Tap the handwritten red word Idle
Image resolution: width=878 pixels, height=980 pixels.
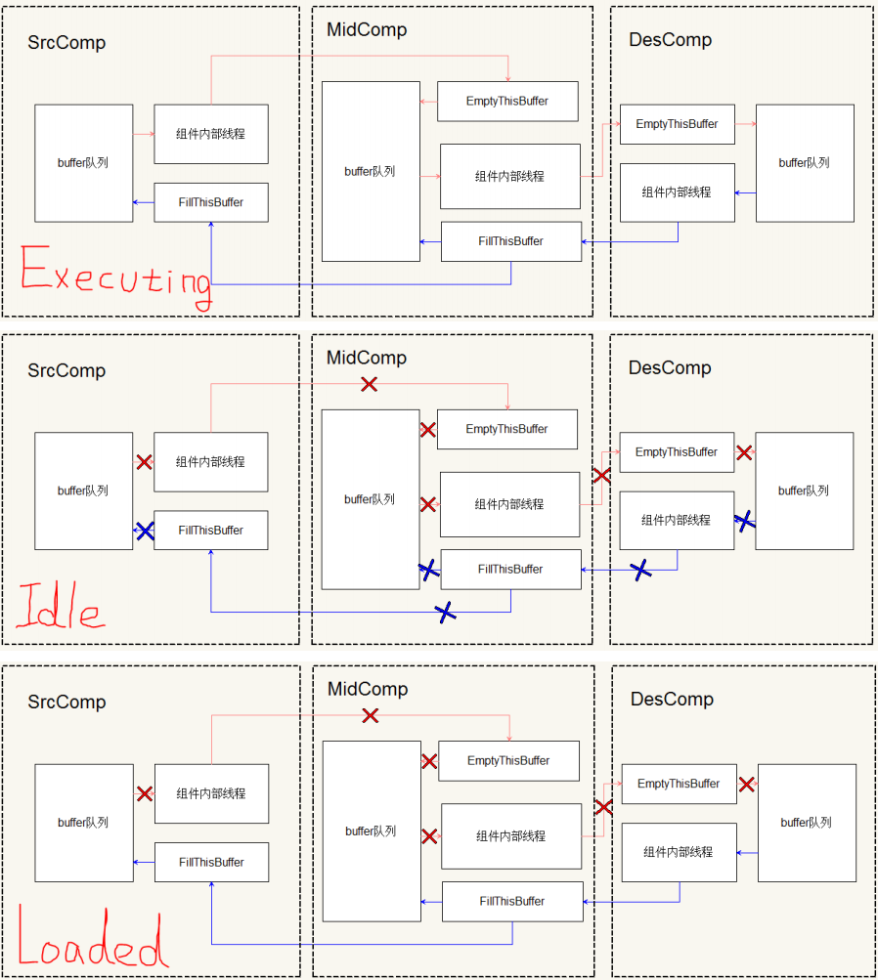[59, 608]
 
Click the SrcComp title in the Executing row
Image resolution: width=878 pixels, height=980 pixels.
[66, 43]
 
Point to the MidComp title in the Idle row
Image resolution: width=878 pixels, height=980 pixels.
[367, 358]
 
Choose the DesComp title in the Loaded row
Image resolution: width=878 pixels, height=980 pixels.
[672, 700]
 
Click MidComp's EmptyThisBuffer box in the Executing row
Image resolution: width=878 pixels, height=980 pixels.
[506, 102]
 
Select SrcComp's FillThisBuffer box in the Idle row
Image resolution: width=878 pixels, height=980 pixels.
[210, 531]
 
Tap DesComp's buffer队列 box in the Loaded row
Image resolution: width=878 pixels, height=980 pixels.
[806, 823]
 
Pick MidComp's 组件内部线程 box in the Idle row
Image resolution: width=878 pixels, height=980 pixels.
[509, 505]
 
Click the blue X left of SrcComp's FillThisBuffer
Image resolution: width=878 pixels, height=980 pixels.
[145, 532]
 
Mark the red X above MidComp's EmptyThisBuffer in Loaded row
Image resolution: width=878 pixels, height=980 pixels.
[370, 716]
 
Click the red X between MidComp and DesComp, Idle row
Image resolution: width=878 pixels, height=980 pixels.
[601, 476]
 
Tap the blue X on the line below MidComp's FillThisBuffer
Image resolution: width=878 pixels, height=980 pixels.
[445, 613]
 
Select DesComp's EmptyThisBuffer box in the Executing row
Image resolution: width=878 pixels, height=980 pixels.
[677, 124]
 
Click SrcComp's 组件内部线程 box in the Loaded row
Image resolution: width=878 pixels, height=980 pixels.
[211, 794]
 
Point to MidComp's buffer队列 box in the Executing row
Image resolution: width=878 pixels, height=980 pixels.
[371, 171]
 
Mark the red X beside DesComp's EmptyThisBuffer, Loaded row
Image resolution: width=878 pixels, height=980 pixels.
[747, 785]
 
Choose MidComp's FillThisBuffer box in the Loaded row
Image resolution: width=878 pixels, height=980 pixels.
[512, 902]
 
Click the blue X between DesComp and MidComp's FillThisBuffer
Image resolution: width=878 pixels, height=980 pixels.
[640, 570]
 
